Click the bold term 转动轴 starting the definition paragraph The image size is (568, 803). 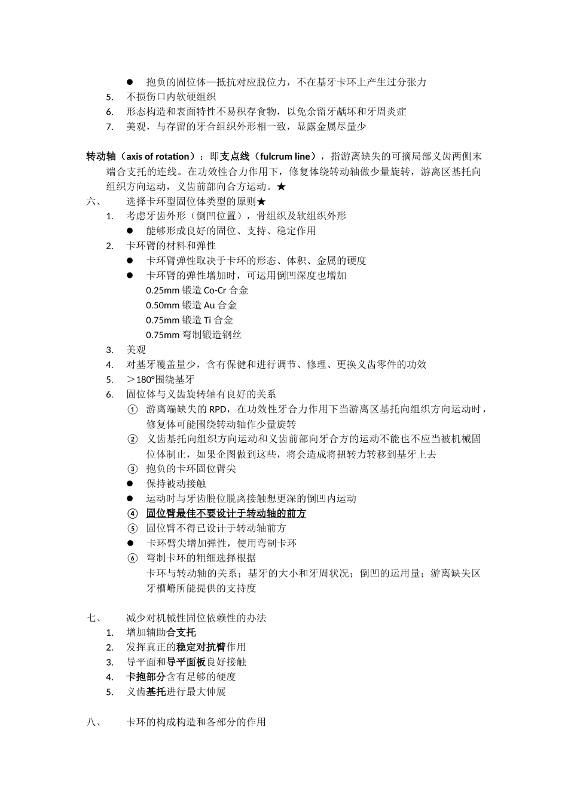(101, 157)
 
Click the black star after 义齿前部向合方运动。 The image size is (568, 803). (282, 186)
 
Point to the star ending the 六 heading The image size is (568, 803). (261, 201)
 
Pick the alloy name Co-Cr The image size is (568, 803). (215, 290)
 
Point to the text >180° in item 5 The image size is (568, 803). (141, 379)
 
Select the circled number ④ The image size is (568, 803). (133, 513)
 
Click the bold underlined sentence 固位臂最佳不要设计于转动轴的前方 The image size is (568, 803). (226, 513)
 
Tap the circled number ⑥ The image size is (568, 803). (133, 558)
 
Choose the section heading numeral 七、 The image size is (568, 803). (95, 618)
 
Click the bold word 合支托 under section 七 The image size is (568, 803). (181, 632)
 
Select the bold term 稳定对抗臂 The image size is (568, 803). (201, 647)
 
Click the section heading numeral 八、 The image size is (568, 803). (95, 722)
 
